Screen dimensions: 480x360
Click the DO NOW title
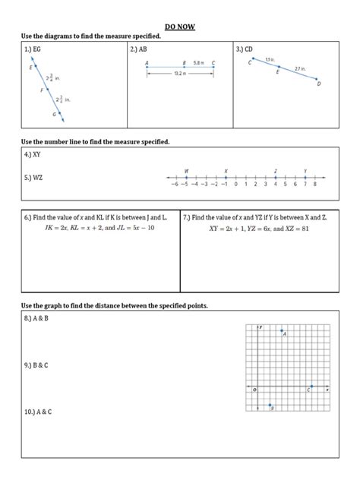click(x=180, y=27)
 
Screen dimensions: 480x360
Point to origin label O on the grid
click(x=255, y=390)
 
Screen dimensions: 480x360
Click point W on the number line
click(x=186, y=177)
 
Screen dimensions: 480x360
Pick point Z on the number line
click(x=276, y=177)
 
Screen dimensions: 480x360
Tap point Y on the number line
click(x=305, y=177)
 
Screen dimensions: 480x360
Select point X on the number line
click(x=226, y=177)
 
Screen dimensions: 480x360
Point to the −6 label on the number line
click(x=174, y=185)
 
